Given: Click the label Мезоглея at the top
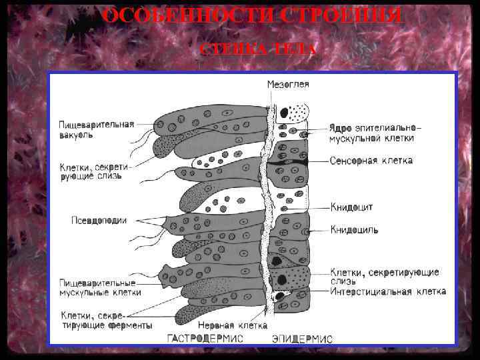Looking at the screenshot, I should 288,85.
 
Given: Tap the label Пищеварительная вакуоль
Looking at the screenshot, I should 96,129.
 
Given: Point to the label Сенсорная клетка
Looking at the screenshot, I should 371,161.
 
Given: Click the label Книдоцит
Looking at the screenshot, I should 352,207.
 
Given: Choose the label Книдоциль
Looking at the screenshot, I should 354,230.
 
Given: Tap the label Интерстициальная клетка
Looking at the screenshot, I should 388,292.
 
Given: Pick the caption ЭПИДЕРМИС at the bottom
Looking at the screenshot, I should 301,339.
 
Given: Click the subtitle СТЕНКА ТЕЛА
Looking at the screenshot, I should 257,50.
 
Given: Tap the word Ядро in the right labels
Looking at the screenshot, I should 341,127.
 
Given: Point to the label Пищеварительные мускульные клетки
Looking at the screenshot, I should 100,287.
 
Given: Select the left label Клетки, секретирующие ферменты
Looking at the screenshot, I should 106,320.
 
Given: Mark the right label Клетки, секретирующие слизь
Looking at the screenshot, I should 384,277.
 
